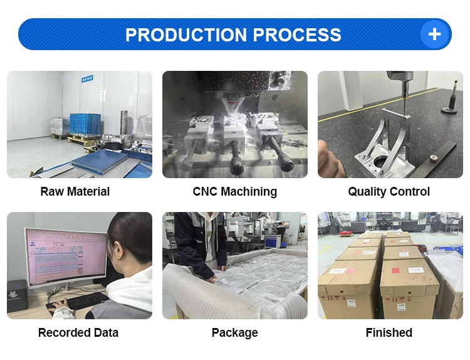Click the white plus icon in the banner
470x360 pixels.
(434, 34)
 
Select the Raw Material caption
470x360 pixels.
(75, 191)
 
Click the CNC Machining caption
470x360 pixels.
(235, 191)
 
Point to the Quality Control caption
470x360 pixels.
(389, 191)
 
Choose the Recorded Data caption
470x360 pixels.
(78, 332)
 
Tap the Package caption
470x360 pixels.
(235, 332)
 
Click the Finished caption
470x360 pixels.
(389, 332)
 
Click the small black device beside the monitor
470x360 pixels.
(17, 295)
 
